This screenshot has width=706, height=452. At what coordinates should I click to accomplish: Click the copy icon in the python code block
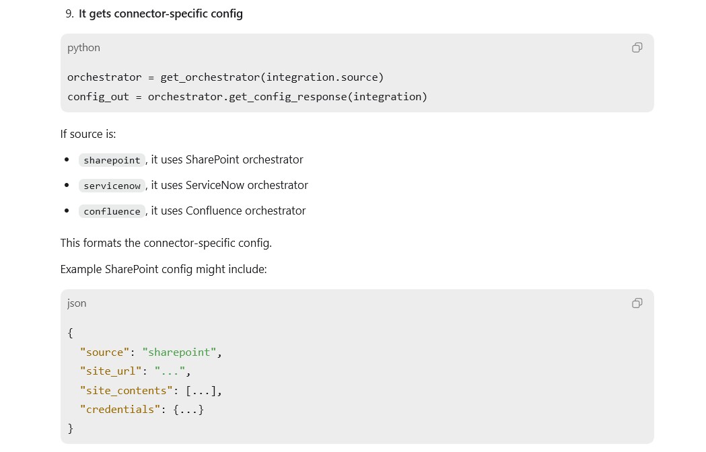(637, 48)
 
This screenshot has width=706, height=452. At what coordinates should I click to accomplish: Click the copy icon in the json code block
(637, 303)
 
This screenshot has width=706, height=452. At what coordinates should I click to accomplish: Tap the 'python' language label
(83, 48)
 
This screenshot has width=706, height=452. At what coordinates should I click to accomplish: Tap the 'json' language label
(77, 303)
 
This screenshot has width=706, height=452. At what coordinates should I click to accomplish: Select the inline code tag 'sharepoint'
(112, 160)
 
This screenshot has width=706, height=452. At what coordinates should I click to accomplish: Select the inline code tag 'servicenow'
(112, 186)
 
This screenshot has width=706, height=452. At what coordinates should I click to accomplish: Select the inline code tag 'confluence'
(112, 212)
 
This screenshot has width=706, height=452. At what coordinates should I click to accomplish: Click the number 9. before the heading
(69, 14)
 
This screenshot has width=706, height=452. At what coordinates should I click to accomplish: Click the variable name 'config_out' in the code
(98, 97)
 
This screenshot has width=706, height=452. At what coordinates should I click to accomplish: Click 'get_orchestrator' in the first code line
(210, 77)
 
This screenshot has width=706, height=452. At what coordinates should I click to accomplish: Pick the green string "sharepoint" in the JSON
(179, 352)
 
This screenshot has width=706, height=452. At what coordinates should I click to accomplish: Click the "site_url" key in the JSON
(111, 371)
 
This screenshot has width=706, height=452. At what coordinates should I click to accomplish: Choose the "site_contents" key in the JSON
(127, 390)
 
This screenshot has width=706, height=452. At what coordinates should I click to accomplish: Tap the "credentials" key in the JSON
(120, 409)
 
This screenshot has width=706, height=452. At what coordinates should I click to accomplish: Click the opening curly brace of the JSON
(70, 333)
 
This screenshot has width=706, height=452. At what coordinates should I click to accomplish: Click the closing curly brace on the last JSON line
(70, 428)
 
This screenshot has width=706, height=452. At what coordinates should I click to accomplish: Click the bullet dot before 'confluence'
(67, 211)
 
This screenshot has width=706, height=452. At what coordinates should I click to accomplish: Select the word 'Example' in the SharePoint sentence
(81, 269)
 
